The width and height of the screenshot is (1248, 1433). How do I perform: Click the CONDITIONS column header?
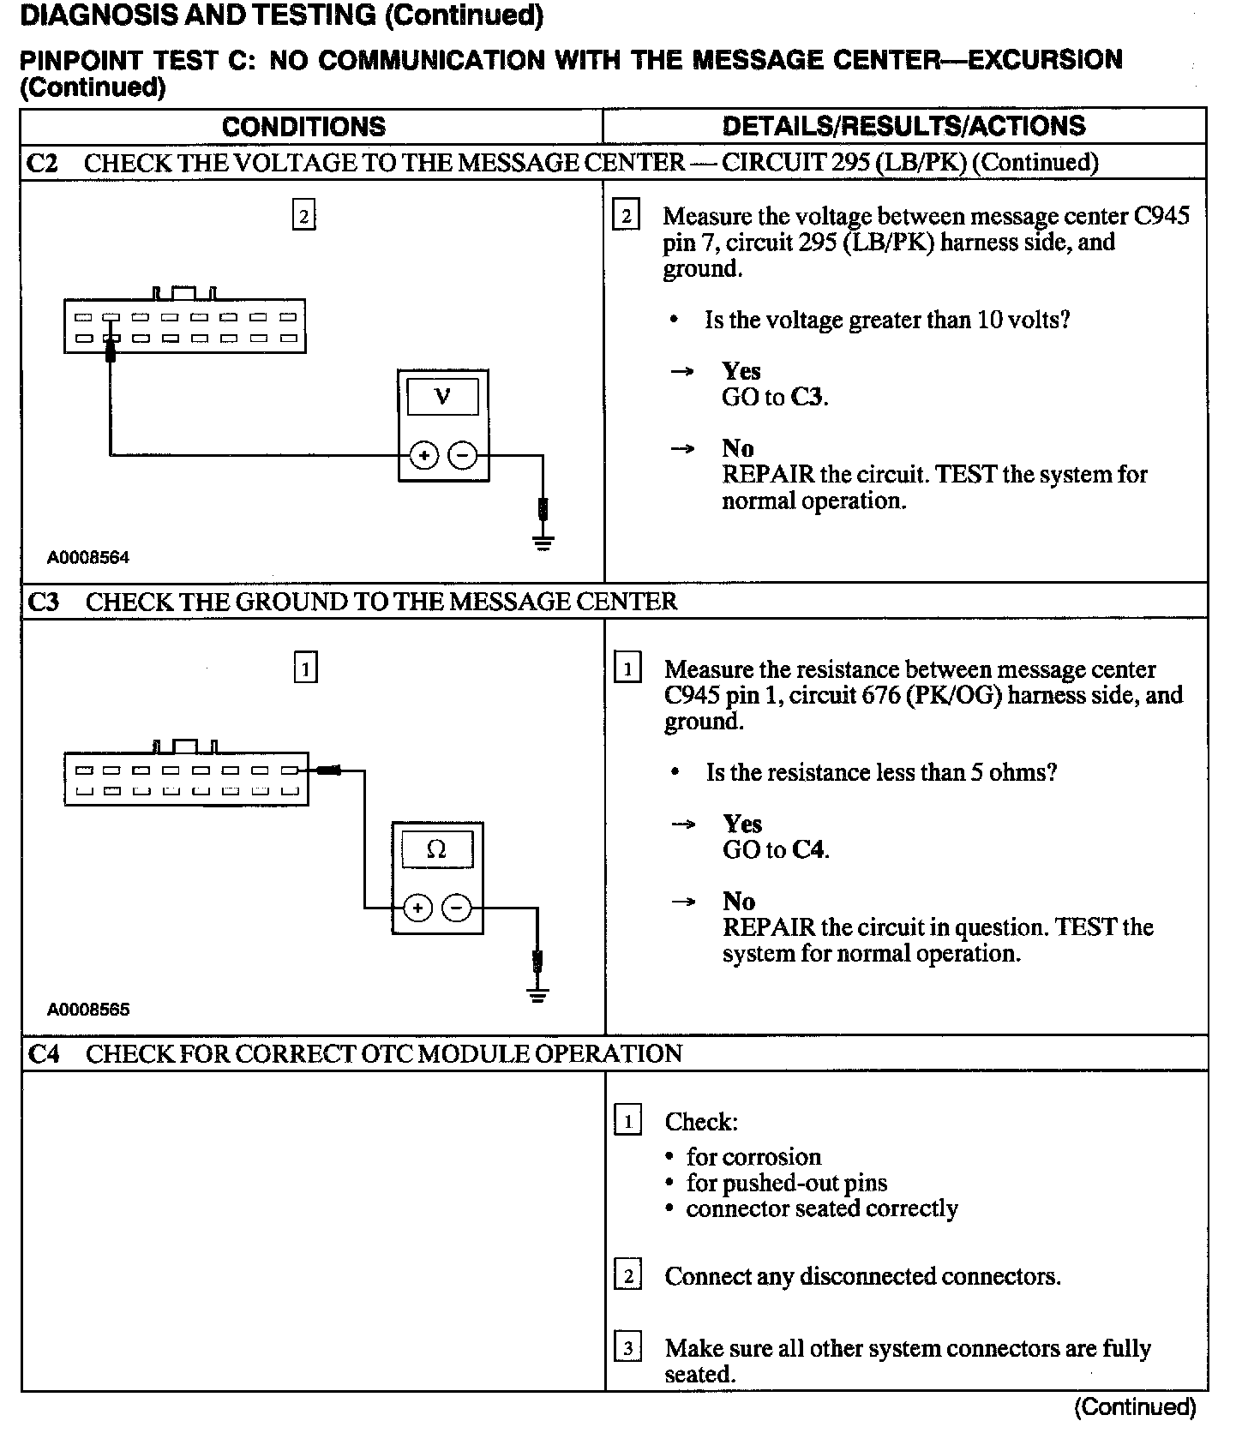click(x=303, y=127)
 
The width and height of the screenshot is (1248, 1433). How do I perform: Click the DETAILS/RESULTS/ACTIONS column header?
click(x=903, y=127)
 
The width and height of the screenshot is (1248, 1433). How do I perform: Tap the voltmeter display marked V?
click(x=442, y=397)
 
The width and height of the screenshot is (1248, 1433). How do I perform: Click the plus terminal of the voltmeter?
click(x=423, y=455)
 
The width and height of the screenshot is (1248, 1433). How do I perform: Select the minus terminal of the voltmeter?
click(x=463, y=455)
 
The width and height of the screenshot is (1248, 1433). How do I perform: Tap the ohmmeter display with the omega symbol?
click(x=436, y=849)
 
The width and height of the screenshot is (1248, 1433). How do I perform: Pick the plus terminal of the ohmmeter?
click(x=417, y=907)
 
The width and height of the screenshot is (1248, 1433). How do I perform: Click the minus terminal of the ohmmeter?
click(x=457, y=907)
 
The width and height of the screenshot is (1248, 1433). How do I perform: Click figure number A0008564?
click(x=88, y=558)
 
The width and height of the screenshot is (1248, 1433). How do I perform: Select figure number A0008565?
click(x=88, y=1010)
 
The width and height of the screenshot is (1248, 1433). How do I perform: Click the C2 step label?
click(x=42, y=163)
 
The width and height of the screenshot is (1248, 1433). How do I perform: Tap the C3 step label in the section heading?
click(x=44, y=602)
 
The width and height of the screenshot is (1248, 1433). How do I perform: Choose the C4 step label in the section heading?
click(x=44, y=1053)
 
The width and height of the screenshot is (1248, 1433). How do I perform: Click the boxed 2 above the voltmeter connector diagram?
click(x=303, y=215)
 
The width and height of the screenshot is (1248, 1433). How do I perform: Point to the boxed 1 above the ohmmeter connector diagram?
click(x=305, y=668)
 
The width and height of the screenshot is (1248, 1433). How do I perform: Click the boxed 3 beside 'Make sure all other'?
click(x=627, y=1349)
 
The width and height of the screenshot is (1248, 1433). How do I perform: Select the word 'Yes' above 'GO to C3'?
click(x=741, y=371)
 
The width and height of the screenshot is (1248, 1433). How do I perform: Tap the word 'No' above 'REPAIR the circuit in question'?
click(x=738, y=902)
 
